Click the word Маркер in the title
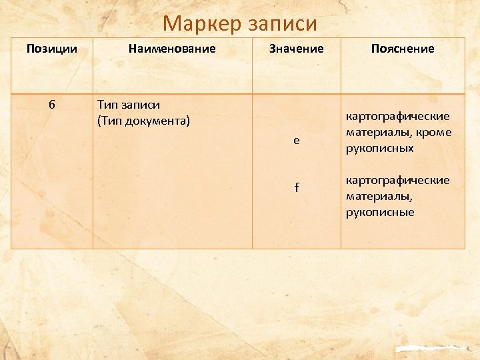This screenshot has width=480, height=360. pyautogui.click(x=201, y=24)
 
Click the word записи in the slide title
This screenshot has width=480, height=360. pyautogui.click(x=281, y=24)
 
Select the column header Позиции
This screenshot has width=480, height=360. pyautogui.click(x=51, y=49)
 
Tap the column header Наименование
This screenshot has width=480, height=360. pyautogui.click(x=172, y=49)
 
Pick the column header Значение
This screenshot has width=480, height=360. pyautogui.click(x=296, y=49)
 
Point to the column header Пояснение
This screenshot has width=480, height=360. pyautogui.click(x=403, y=49)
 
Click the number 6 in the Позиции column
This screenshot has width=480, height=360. pyautogui.click(x=51, y=105)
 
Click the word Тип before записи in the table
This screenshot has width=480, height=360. pyautogui.click(x=108, y=105)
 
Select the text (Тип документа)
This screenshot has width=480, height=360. pyautogui.click(x=143, y=121)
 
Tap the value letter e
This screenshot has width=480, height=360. pyautogui.click(x=297, y=140)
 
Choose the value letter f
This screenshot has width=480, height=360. pyautogui.click(x=297, y=188)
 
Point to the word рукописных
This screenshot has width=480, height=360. pyautogui.click(x=379, y=148)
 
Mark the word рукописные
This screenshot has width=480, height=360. pyautogui.click(x=380, y=212)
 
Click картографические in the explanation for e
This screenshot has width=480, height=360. pyautogui.click(x=397, y=116)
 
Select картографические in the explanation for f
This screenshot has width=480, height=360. pyautogui.click(x=397, y=180)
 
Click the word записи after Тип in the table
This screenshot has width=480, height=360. pyautogui.click(x=141, y=105)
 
